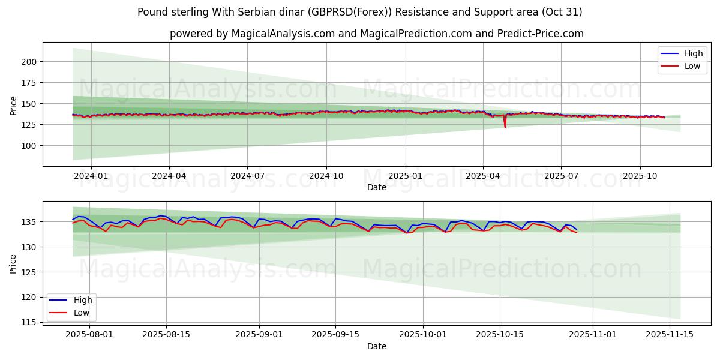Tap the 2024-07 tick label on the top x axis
point(247,176)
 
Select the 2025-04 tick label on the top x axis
point(483,176)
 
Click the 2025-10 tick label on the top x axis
point(640,176)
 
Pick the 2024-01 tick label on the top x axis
point(91,176)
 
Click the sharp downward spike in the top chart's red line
point(505,127)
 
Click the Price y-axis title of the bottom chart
point(14,263)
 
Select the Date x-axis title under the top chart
point(376,187)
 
